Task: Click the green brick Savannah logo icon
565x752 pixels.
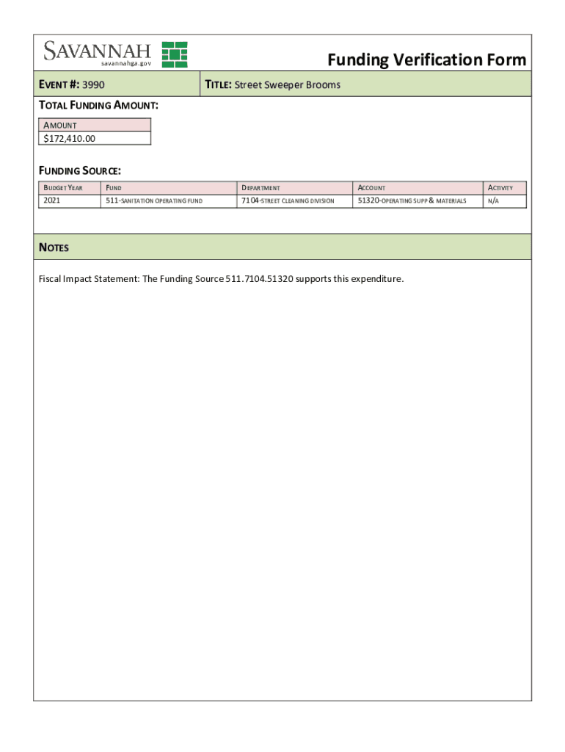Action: pyautogui.click(x=175, y=54)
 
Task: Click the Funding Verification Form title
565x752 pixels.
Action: pyautogui.click(x=426, y=59)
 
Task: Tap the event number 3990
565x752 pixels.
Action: pyautogui.click(x=94, y=85)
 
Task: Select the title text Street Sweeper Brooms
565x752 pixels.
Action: pyautogui.click(x=287, y=85)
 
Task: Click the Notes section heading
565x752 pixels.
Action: pyautogui.click(x=54, y=247)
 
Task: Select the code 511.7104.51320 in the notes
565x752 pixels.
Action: pyautogui.click(x=260, y=279)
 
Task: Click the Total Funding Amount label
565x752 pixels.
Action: pyautogui.click(x=98, y=106)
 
